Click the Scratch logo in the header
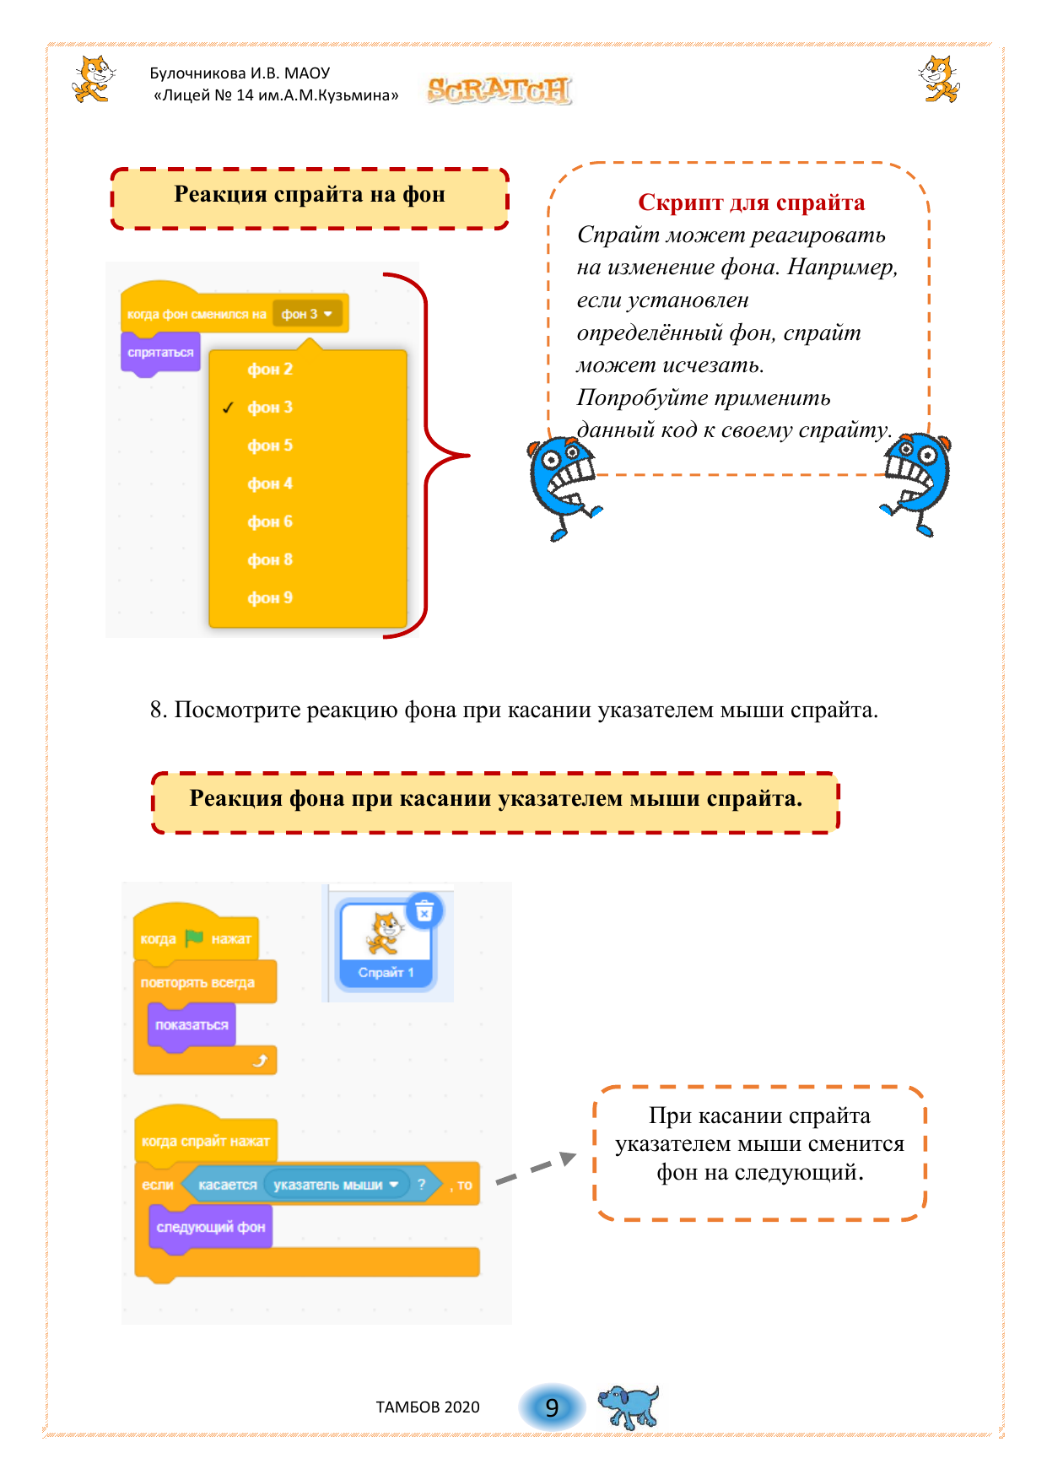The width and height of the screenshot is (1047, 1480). click(x=499, y=89)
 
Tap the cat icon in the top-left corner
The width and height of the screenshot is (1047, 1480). click(x=93, y=79)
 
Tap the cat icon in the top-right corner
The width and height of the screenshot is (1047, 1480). click(x=939, y=79)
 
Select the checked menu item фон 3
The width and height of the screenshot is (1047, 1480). click(x=270, y=408)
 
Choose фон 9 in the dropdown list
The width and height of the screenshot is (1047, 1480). click(x=270, y=598)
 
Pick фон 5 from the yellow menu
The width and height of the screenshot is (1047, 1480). click(x=270, y=446)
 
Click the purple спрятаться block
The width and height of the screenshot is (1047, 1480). click(x=160, y=353)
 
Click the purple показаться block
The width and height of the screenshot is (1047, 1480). click(x=192, y=1025)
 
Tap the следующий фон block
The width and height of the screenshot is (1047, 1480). click(x=210, y=1228)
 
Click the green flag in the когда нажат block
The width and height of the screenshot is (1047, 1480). click(x=194, y=937)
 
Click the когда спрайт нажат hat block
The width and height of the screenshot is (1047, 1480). click(x=205, y=1141)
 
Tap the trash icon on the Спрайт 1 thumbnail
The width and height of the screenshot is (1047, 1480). click(x=424, y=911)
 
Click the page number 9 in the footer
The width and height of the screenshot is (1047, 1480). click(x=552, y=1407)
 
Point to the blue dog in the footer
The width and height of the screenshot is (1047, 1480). click(x=629, y=1406)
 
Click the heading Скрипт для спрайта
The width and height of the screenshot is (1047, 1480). click(x=751, y=203)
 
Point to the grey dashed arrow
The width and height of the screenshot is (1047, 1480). click(x=536, y=1169)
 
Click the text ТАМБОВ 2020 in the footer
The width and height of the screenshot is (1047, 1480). click(x=428, y=1407)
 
